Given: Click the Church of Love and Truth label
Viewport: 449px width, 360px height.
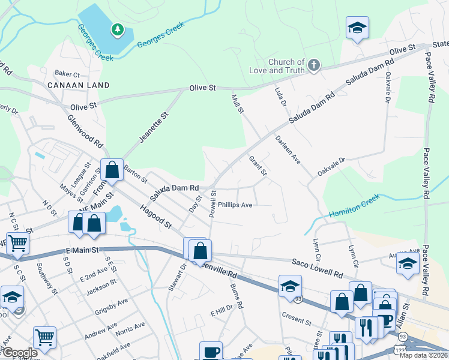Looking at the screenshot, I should tap(286, 66).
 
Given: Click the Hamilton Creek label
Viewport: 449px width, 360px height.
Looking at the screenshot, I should tap(354, 205).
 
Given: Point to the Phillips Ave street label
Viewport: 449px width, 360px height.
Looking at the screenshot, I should tap(235, 205).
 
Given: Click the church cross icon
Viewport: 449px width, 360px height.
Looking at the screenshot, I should tap(313, 65).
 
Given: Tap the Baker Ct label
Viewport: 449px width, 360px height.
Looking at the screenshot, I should tap(67, 74).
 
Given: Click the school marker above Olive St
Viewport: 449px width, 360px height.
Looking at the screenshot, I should tap(357, 28).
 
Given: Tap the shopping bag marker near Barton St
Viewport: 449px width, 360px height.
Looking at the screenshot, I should tap(112, 170).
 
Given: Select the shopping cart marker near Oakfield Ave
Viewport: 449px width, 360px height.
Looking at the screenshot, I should tap(44, 338).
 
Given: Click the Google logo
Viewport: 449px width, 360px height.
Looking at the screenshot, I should tap(20, 353).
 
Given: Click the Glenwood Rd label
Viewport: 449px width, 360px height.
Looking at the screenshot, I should tap(85, 133).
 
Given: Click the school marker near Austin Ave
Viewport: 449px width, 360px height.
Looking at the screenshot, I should tap(408, 263).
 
